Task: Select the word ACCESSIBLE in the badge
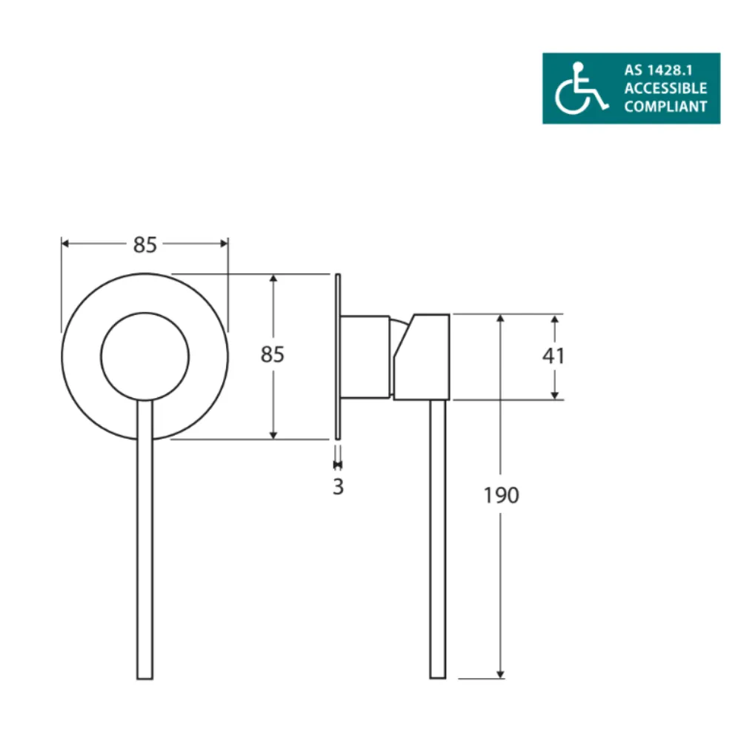click(665, 89)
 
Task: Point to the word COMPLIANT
click(665, 107)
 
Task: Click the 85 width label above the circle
click(145, 245)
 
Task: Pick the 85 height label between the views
click(273, 355)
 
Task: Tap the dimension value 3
click(338, 488)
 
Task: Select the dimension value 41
click(554, 356)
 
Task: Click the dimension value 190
click(502, 495)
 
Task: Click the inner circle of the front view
click(144, 356)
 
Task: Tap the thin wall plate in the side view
click(338, 356)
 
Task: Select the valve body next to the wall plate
click(365, 356)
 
